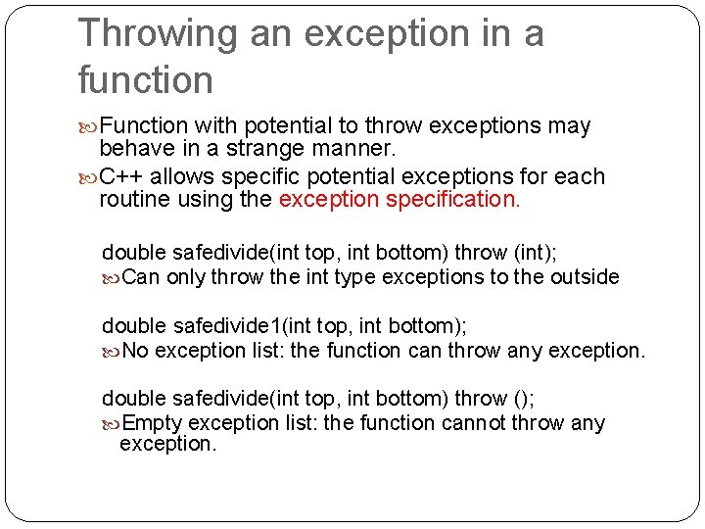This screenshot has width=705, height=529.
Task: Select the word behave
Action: (x=132, y=150)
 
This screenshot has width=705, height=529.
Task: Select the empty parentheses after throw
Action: (x=523, y=399)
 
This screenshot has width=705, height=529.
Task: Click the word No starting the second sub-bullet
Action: (x=136, y=350)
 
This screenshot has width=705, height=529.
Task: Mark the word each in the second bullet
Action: (x=584, y=177)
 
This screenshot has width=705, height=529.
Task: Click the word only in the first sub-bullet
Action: (x=186, y=277)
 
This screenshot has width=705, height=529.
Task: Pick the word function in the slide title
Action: (x=145, y=80)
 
